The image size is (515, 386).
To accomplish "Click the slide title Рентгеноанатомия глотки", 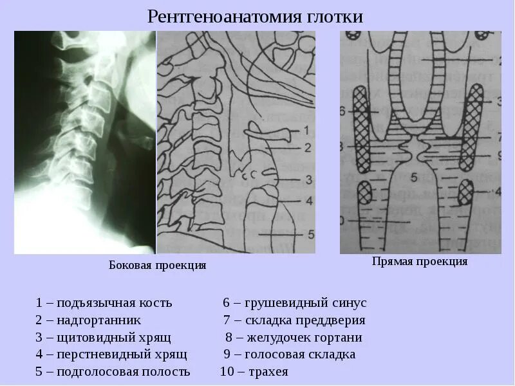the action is [256, 16].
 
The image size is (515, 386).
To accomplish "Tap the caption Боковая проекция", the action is [157, 265].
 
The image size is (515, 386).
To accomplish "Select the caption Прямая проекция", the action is [419, 261].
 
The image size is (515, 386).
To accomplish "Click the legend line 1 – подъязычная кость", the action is [104, 302].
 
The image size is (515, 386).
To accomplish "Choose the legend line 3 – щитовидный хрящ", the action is [103, 337].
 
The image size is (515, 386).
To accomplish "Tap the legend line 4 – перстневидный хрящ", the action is [111, 354].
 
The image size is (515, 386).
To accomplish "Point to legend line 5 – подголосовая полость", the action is [113, 372].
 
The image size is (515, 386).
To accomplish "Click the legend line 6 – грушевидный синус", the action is [294, 302].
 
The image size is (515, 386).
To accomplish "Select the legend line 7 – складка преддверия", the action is [294, 320].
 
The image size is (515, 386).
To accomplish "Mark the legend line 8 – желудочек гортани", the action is [294, 337].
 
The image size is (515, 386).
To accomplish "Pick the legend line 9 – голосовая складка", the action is [289, 354].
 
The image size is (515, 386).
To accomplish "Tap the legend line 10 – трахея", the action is [254, 372].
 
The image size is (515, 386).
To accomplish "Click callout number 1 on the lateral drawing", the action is [306, 131].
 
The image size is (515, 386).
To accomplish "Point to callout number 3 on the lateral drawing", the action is [309, 179].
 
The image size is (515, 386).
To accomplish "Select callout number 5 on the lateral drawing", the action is [310, 234].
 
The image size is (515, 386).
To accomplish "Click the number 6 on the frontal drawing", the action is [342, 110].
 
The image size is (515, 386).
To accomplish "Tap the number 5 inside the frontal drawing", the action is [415, 176].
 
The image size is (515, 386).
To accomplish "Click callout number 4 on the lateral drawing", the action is [309, 201].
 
